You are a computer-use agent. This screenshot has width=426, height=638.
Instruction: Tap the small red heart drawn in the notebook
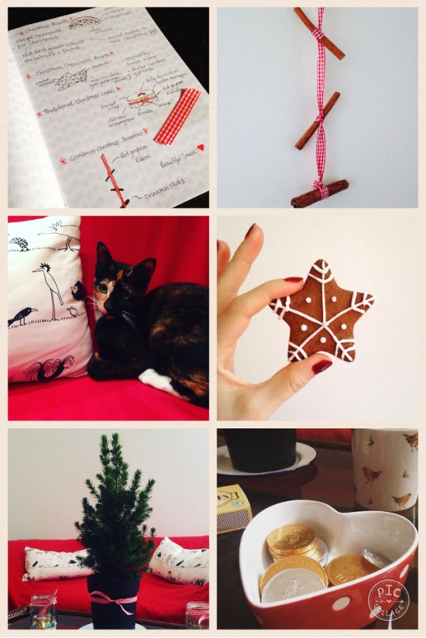point(199,147)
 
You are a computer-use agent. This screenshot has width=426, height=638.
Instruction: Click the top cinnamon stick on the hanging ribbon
point(318,33)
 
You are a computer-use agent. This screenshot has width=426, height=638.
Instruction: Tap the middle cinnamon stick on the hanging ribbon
point(318,120)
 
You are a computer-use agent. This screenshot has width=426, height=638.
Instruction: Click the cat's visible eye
point(103,287)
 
